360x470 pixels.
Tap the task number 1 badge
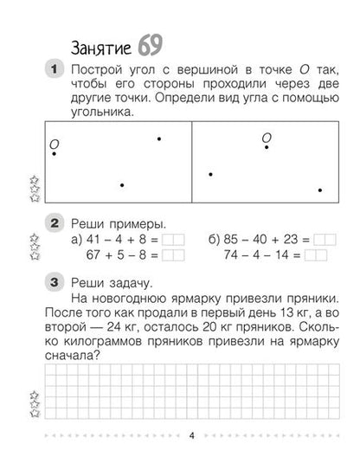(x=54, y=69)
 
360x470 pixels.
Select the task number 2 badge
(x=54, y=223)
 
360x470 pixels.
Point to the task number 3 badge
(x=54, y=282)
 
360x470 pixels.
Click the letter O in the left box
(x=54, y=142)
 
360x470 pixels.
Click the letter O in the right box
(x=267, y=137)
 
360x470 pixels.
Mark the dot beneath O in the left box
(x=55, y=154)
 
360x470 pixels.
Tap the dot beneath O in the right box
(x=267, y=149)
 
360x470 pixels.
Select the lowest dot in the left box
(x=121, y=185)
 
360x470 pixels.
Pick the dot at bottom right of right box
(x=320, y=190)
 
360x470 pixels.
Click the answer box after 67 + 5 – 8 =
(x=174, y=255)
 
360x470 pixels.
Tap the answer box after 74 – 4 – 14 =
(x=316, y=255)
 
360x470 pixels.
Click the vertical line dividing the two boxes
(x=191, y=164)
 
